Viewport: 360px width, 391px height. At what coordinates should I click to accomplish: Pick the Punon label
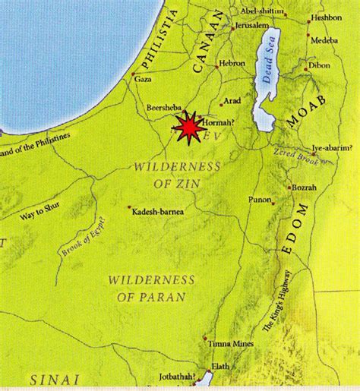(261, 200)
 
